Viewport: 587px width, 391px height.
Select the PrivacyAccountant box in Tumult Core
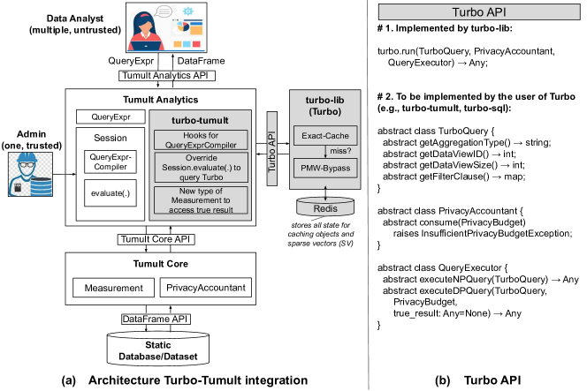(x=204, y=289)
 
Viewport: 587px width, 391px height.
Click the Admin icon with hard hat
(x=30, y=172)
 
